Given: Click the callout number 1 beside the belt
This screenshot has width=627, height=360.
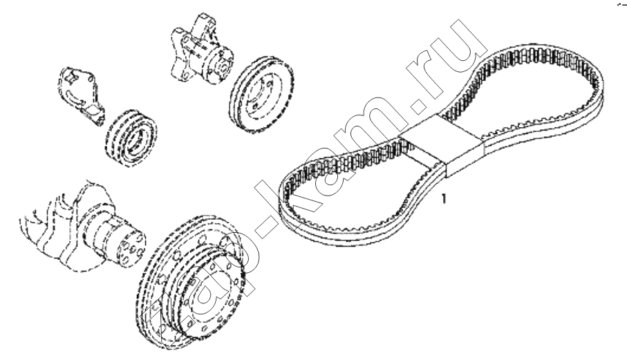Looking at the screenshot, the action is click(443, 198).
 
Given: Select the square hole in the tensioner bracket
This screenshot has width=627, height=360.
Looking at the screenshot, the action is click(71, 75).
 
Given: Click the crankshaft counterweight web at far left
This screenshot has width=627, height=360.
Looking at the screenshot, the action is click(40, 236).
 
